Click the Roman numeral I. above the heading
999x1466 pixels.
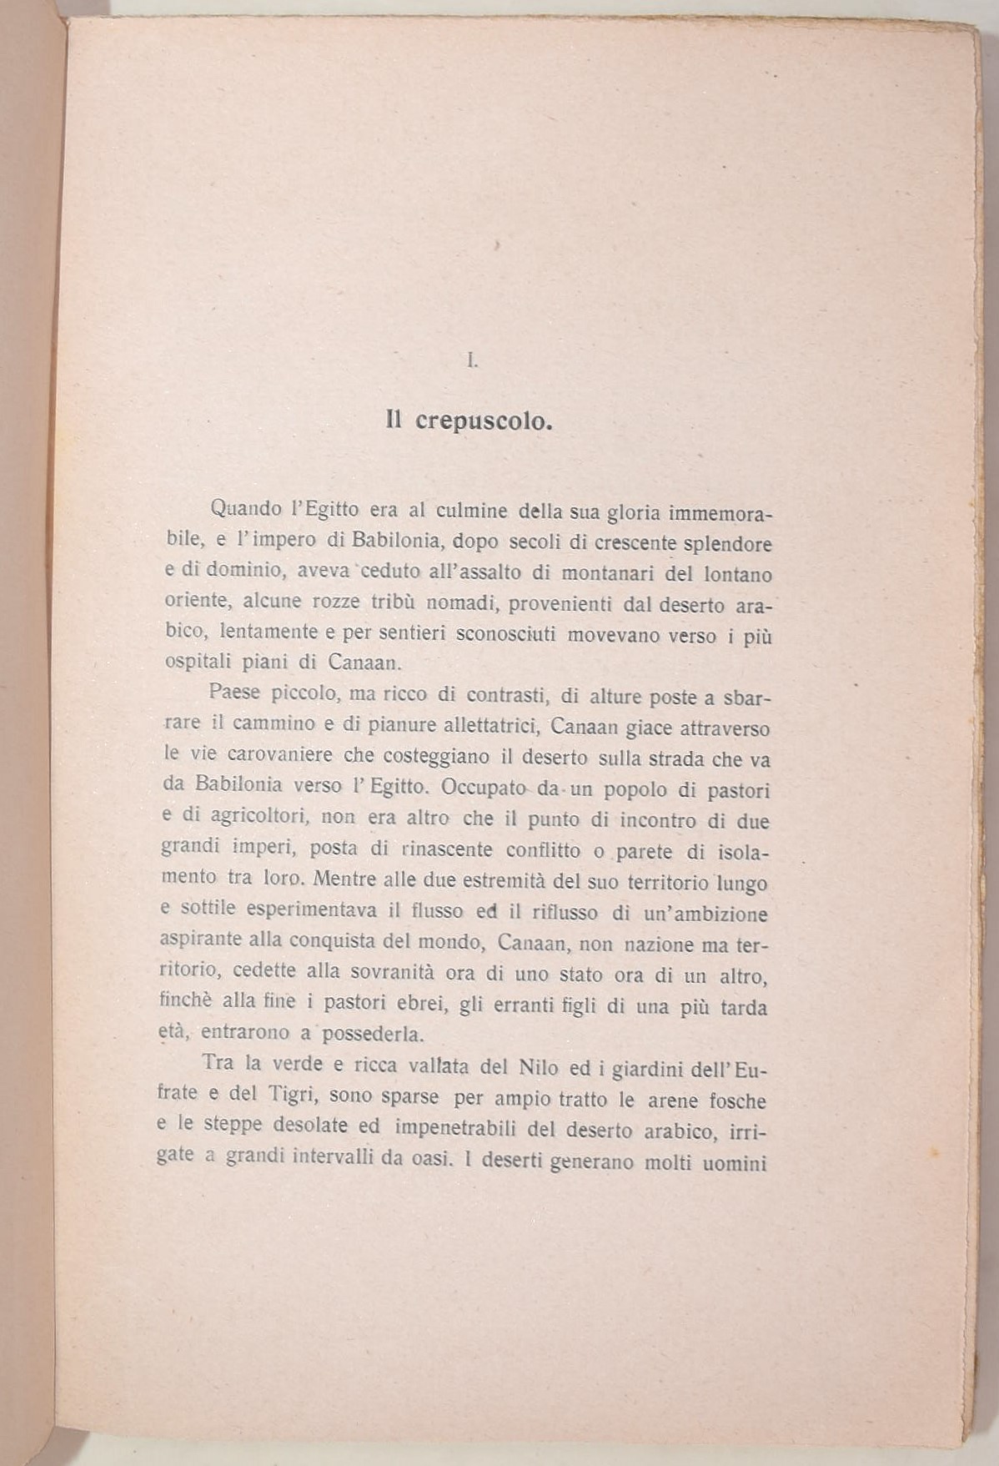point(471,361)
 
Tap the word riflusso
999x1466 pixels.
point(555,912)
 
